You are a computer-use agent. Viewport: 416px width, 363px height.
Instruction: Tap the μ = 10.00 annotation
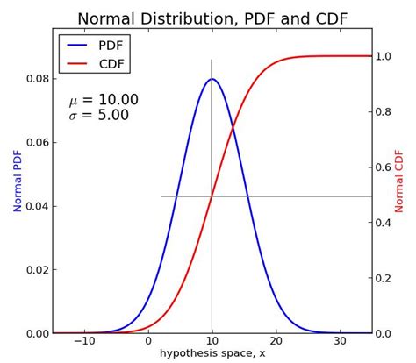click(x=104, y=100)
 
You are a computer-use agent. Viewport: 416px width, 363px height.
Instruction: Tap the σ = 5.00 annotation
click(x=98, y=116)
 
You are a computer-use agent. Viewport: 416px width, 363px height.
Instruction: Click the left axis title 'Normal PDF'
click(x=18, y=181)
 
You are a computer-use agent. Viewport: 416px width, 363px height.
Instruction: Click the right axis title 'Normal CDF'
click(x=400, y=181)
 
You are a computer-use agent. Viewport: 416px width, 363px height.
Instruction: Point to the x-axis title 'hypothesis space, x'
click(x=212, y=353)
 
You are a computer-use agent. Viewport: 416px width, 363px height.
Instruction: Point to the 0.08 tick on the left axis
click(x=37, y=79)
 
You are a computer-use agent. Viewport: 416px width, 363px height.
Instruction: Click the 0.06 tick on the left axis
click(x=37, y=142)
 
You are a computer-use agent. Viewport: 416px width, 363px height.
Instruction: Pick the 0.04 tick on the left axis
click(x=37, y=206)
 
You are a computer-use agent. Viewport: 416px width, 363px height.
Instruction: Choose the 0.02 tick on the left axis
click(x=37, y=270)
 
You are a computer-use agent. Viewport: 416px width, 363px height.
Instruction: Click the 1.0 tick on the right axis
click(x=384, y=56)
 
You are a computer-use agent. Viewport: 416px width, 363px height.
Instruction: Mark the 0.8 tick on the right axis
click(x=384, y=112)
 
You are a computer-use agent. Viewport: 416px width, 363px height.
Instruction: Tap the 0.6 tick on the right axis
click(x=384, y=167)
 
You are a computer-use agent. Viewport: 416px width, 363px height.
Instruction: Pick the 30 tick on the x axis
click(x=340, y=341)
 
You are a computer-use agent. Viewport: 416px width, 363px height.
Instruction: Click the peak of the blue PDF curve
click(x=212, y=79)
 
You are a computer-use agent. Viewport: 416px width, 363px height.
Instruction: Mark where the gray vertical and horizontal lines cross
click(x=212, y=196)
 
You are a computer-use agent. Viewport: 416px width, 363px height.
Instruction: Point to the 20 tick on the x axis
click(x=276, y=341)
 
